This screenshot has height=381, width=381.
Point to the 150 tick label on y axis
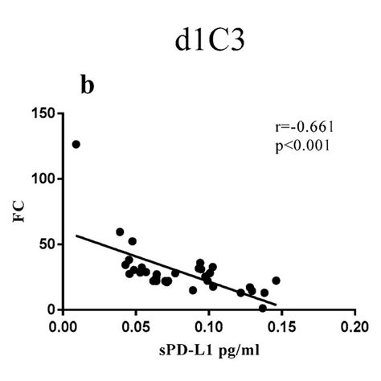43,113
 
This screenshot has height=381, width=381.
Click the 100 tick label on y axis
43,178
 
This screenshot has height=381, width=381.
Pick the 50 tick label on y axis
47,244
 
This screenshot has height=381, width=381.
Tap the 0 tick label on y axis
51,309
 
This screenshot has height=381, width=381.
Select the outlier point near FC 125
76,144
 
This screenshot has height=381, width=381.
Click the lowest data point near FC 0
262,308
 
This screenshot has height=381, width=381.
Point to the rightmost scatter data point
276,281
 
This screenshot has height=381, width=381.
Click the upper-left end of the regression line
76,236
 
